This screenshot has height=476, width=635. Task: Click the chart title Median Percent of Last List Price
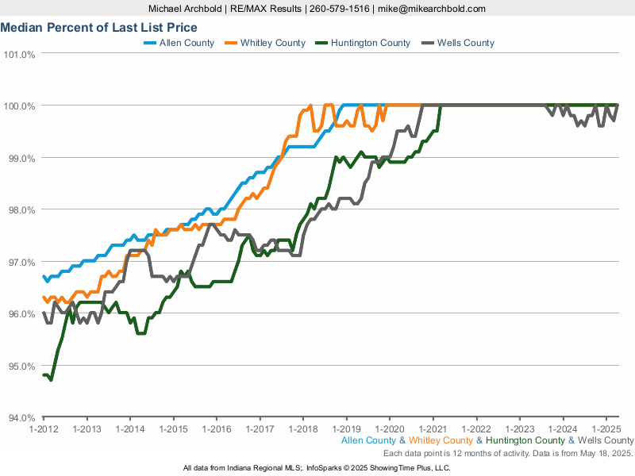[x=99, y=27]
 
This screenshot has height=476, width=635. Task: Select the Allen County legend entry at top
[x=187, y=43]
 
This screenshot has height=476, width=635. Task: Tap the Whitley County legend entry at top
[x=272, y=43]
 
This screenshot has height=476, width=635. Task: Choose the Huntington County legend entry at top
[x=371, y=43]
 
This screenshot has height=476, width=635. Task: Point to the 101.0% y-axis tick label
[x=20, y=55]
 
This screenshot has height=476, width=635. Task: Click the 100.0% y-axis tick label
[x=20, y=106]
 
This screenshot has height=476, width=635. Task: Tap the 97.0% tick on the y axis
[x=20, y=263]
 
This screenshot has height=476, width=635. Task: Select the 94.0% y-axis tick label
[x=20, y=418]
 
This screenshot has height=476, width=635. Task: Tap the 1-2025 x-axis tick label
[x=606, y=429]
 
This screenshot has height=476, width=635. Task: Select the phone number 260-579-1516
[x=339, y=9]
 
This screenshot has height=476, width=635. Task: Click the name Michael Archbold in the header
[x=189, y=9]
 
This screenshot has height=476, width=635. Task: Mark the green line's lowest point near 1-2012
[x=51, y=380]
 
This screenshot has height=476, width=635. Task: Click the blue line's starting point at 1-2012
[x=44, y=276]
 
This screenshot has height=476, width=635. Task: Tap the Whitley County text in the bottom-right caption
[x=441, y=440]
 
